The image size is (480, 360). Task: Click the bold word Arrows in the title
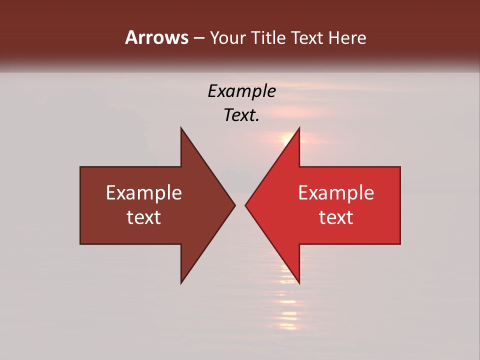click(156, 37)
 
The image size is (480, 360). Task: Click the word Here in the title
click(347, 38)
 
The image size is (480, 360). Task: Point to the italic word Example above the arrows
click(241, 91)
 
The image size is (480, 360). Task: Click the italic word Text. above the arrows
click(241, 115)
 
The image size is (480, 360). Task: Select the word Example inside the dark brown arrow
click(143, 192)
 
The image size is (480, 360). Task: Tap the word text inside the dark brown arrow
click(143, 217)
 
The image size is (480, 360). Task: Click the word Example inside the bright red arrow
click(336, 192)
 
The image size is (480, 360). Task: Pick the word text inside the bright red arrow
click(336, 217)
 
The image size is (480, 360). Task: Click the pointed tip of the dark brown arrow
click(234, 205)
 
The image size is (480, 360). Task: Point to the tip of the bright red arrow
click(246, 205)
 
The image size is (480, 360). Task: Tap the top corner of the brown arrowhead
click(181, 128)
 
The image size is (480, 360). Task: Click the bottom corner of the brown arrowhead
click(181, 282)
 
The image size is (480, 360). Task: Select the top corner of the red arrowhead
click(298, 128)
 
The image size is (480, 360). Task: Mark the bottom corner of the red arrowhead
click(298, 282)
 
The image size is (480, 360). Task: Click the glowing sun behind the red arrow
click(288, 139)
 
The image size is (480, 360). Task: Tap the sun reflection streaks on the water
click(288, 310)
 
